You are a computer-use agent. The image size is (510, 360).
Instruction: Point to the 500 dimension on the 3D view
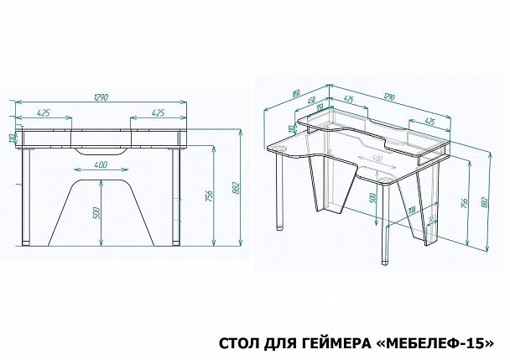[372, 199]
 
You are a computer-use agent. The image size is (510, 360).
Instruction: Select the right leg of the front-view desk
[175, 197]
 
